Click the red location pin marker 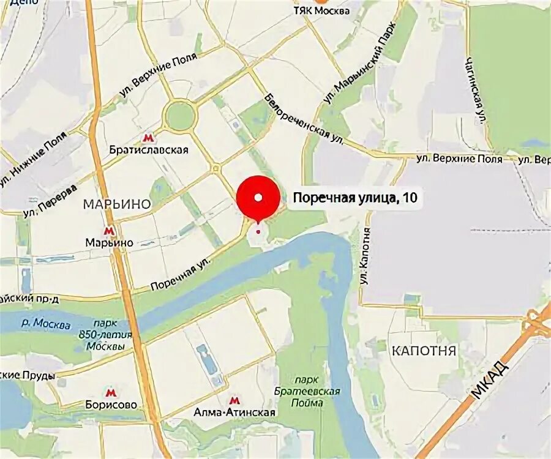258,198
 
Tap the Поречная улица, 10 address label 351,198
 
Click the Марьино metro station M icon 109,231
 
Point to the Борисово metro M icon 111,392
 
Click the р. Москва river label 51,323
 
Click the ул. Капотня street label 365,256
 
